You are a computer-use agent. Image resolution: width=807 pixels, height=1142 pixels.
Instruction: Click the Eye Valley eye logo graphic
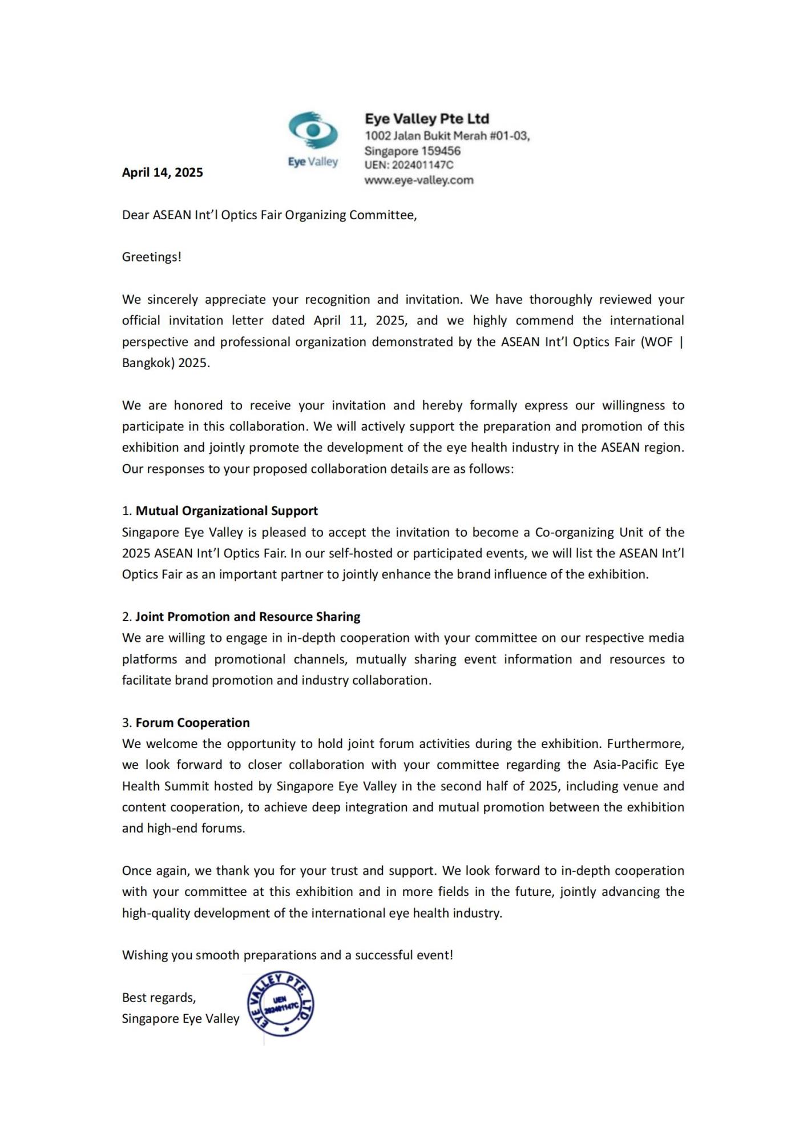[x=313, y=131]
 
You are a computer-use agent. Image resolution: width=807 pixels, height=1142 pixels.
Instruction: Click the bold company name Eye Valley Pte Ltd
[x=427, y=119]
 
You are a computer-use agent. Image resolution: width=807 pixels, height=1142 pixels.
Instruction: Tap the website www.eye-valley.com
[x=419, y=180]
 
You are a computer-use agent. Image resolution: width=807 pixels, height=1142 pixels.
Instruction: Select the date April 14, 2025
[x=162, y=172]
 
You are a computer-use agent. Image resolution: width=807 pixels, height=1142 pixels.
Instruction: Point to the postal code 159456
[x=441, y=151]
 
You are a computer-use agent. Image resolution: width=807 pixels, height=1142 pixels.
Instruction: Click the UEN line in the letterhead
[x=409, y=165]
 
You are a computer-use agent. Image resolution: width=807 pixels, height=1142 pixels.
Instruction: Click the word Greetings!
[x=151, y=257]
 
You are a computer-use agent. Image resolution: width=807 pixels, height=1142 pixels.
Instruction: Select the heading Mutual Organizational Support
[x=227, y=511]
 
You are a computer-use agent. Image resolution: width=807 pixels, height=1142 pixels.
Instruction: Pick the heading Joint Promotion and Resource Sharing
[x=248, y=617]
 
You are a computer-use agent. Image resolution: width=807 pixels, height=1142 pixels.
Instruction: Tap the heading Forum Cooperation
[x=192, y=723]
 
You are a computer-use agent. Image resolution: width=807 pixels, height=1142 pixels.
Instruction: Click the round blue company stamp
[x=280, y=1004]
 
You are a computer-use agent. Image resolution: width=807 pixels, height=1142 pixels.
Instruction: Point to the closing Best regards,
[x=159, y=998]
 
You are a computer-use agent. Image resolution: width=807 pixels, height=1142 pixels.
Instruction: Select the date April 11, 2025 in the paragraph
[x=360, y=320]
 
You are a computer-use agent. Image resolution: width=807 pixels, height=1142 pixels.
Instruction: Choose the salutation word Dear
[x=135, y=215]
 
